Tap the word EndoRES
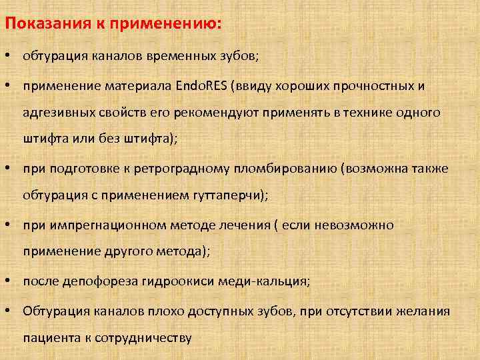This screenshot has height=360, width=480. point(203,86)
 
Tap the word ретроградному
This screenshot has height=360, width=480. point(182,169)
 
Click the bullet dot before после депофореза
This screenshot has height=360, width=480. point(9,281)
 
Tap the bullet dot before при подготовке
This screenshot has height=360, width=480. point(9,169)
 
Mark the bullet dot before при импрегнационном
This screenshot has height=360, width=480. point(9,225)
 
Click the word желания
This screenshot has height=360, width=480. point(423,311)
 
